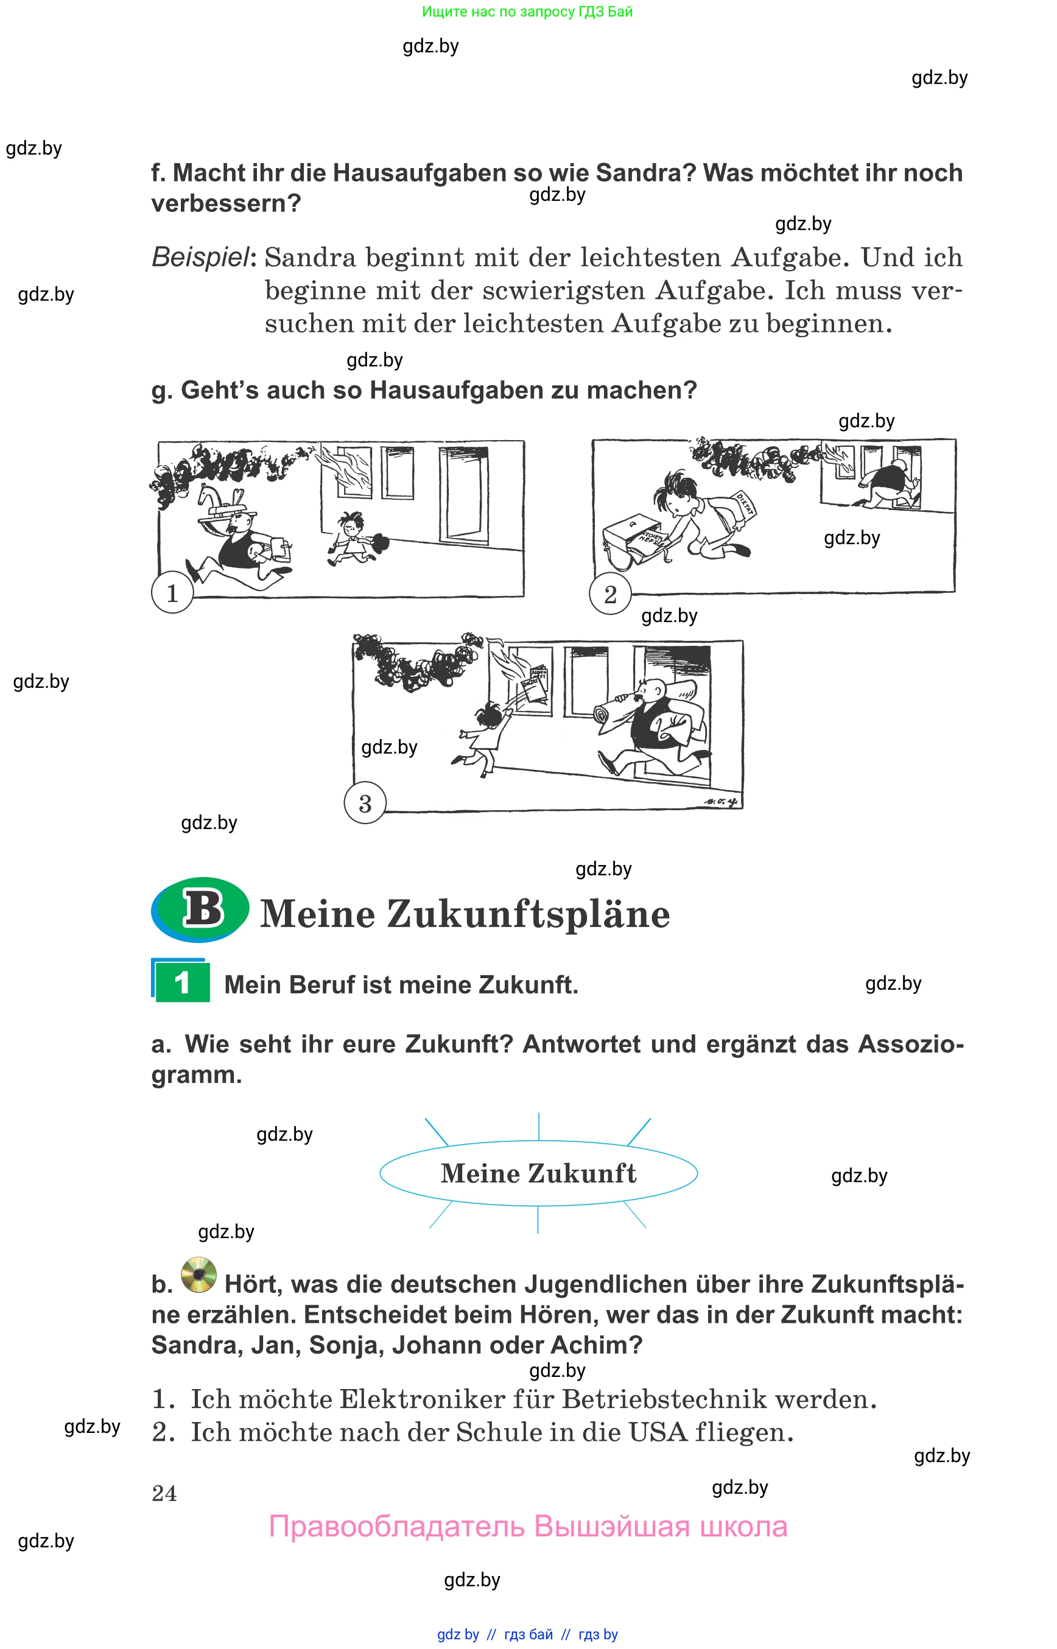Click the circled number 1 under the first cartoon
[x=172, y=593]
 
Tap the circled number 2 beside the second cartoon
[x=609, y=594]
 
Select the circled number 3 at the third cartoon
[x=365, y=803]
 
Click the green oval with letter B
[x=201, y=909]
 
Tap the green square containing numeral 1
[x=182, y=982]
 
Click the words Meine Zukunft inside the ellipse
[x=538, y=1174]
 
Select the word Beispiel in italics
[x=200, y=258]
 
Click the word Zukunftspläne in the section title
[x=528, y=914]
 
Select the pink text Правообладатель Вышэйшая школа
[x=528, y=1527]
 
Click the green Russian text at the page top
[x=527, y=12]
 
